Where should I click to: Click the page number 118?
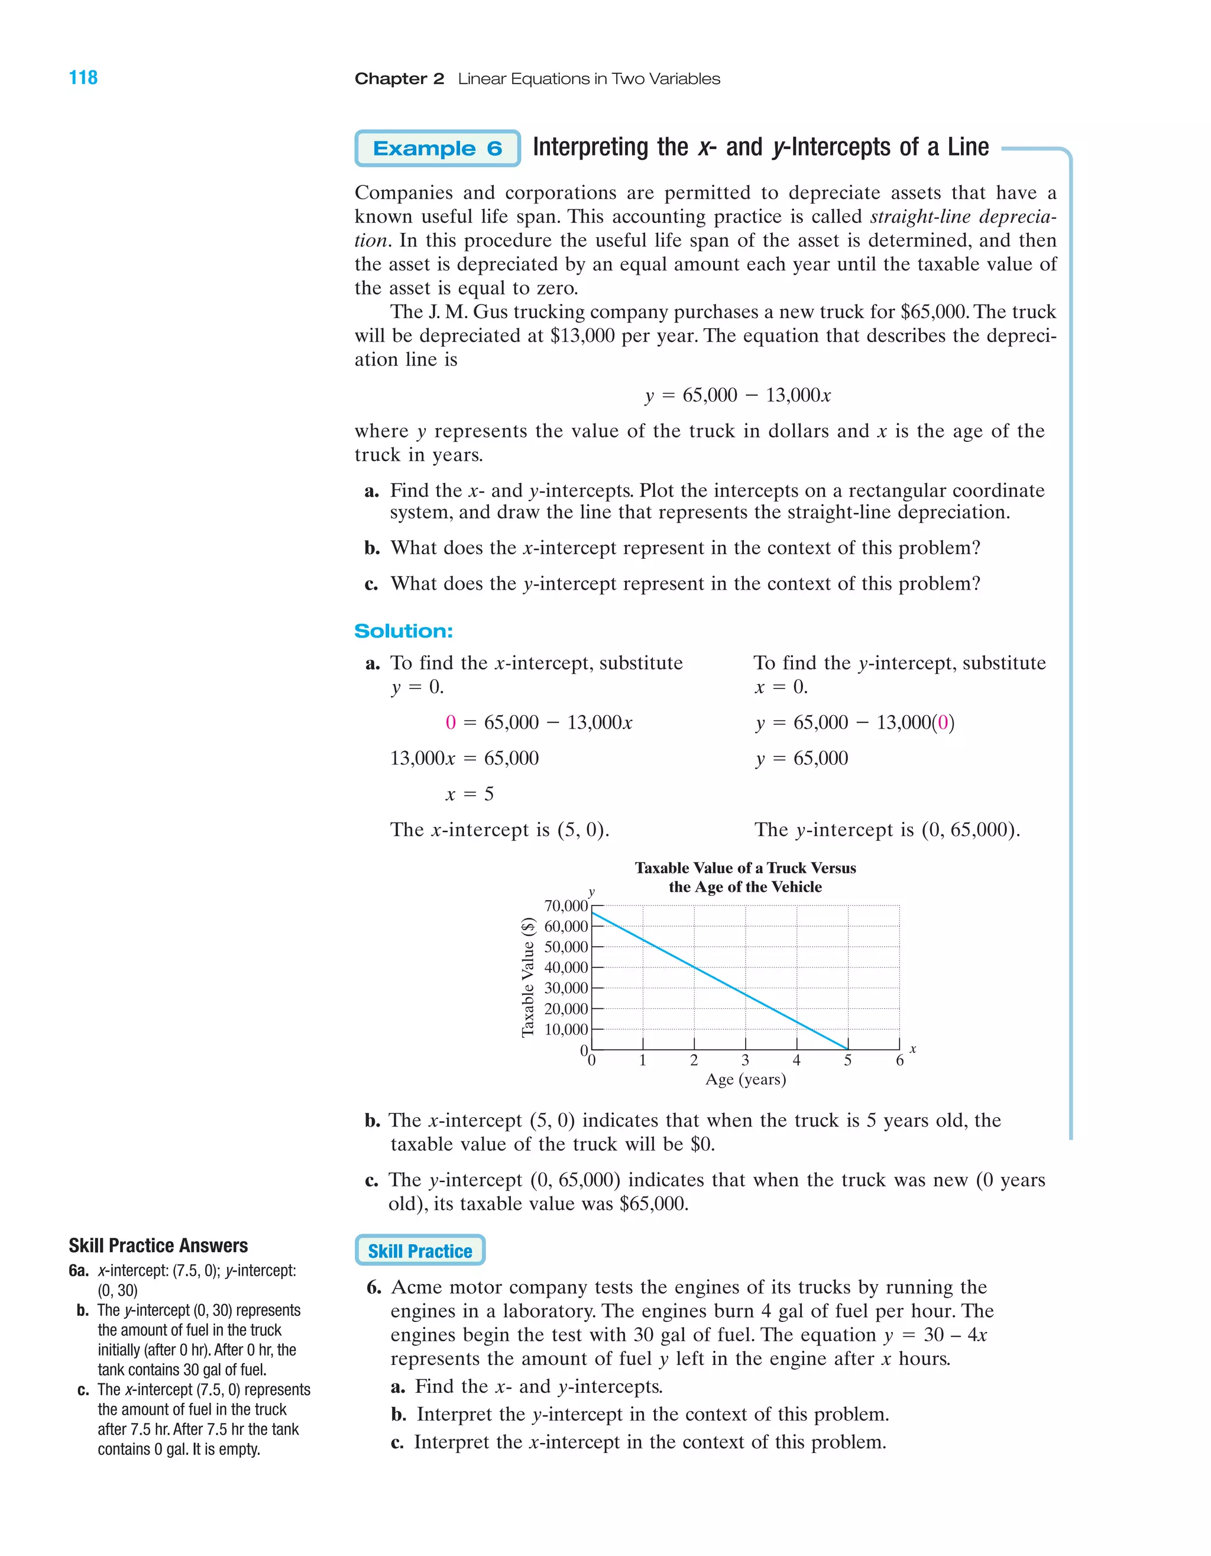coord(83,77)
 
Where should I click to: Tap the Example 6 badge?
coord(438,148)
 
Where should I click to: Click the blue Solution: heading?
coord(403,631)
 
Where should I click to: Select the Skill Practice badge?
coord(420,1250)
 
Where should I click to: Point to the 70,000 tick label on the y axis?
coord(566,905)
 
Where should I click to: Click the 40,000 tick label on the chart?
coord(566,968)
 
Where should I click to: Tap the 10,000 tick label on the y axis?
coord(566,1030)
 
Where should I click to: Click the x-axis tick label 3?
coord(745,1060)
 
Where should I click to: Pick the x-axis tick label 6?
coord(900,1060)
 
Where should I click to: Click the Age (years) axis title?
coord(746,1079)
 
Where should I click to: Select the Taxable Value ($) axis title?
coord(528,978)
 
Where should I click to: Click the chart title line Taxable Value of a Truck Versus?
coord(745,868)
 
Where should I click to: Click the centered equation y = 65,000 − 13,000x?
coord(738,396)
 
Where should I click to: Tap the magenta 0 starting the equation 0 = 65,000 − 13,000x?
coord(450,723)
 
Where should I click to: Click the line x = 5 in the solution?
coord(469,794)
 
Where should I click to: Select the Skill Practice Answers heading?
coord(158,1246)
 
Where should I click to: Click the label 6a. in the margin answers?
coord(79,1270)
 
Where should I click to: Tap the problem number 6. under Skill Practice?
coord(374,1287)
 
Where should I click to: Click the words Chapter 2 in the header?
coord(399,79)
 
